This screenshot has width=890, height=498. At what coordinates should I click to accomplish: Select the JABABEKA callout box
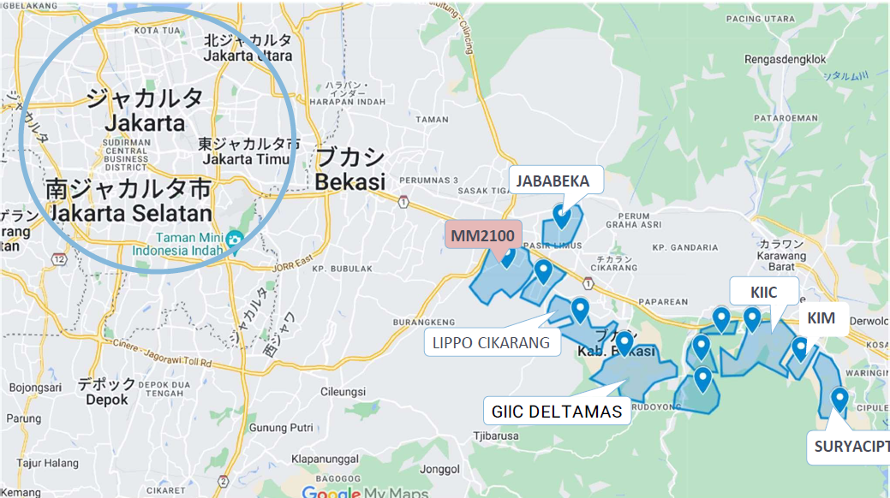[x=557, y=181]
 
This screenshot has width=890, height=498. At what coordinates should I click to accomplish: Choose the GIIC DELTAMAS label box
[x=557, y=412]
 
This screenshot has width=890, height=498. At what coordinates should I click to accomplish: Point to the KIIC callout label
[x=763, y=292]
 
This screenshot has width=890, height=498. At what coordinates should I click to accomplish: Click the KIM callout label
[x=821, y=318]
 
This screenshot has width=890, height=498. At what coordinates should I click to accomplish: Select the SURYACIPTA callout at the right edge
[x=850, y=446]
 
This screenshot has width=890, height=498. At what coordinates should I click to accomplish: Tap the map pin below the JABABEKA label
[x=562, y=215]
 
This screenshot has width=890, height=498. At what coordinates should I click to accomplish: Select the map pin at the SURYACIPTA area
[x=839, y=398]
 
